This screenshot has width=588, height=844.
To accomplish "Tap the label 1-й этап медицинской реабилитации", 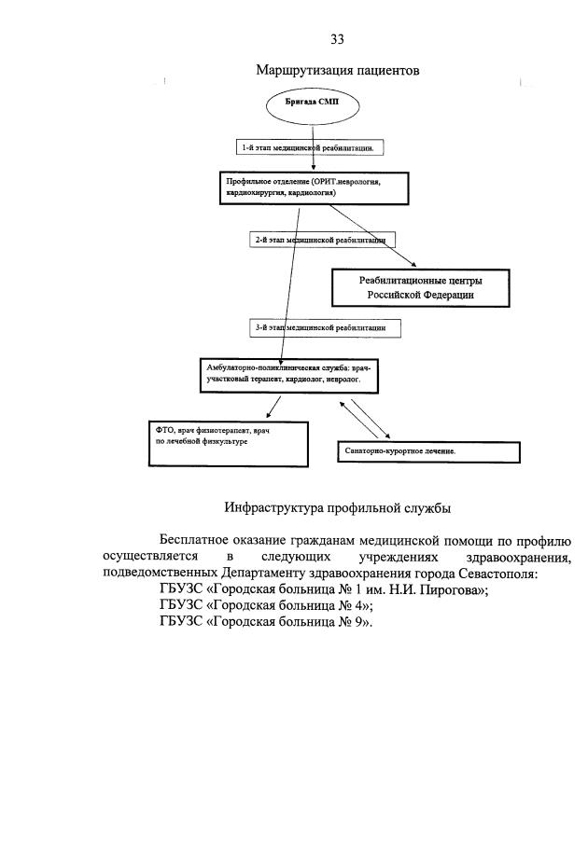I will (x=308, y=147).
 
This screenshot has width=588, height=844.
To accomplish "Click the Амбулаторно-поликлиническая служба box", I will (x=291, y=375).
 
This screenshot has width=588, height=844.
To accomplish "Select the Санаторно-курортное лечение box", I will (x=427, y=451).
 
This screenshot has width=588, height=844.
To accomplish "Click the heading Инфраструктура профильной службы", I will (x=338, y=508).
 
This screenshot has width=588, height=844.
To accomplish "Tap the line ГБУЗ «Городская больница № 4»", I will (x=267, y=606).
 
